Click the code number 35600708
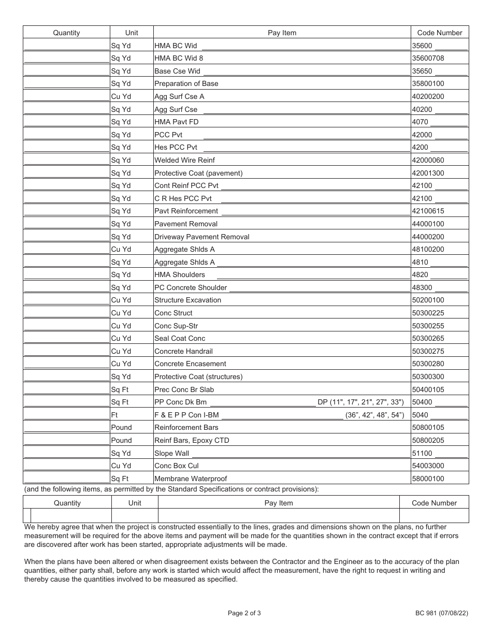click(428, 58)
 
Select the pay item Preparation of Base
click(186, 83)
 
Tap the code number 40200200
click(428, 96)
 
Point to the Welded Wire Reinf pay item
click(184, 160)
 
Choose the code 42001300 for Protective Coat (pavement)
click(428, 173)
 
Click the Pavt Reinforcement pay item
click(186, 211)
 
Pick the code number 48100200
click(428, 249)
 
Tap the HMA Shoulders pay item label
click(180, 274)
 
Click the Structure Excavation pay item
click(188, 300)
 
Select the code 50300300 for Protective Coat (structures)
click(428, 377)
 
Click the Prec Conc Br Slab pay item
click(184, 389)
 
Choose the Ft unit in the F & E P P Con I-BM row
click(114, 415)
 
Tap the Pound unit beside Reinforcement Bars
click(122, 427)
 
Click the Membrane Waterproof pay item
click(191, 479)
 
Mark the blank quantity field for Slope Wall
click(66, 453)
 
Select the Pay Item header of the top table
click(282, 33)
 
